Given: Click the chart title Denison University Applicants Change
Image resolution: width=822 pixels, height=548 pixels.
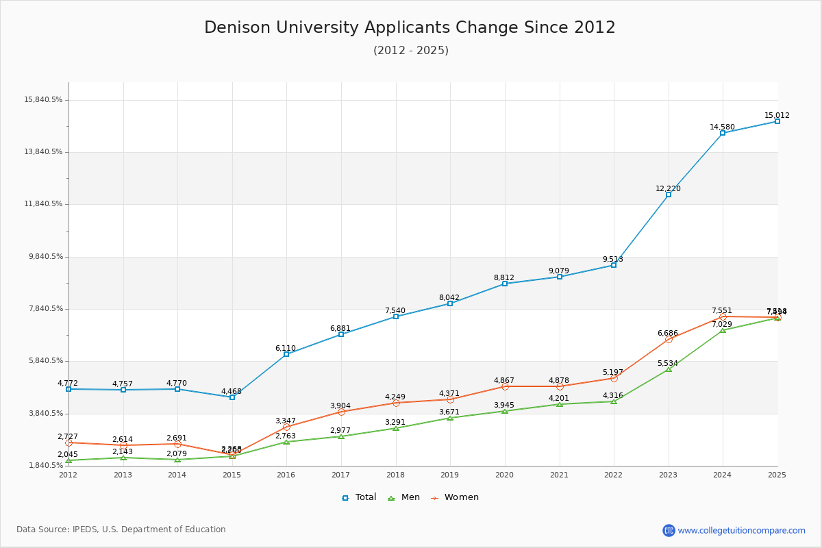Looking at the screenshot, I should (410, 27).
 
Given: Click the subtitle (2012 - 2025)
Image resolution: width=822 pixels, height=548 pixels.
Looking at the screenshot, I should (410, 51).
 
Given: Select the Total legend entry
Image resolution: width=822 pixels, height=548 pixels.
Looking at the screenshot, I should (359, 497).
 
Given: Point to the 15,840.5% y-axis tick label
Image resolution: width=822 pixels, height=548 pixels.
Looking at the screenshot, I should (43, 100).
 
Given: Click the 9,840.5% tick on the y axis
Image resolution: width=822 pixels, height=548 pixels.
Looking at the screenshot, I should (43, 257).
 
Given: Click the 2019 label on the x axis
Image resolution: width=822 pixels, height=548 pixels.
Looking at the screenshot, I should (449, 475).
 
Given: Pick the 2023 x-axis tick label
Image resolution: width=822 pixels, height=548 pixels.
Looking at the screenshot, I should (668, 475).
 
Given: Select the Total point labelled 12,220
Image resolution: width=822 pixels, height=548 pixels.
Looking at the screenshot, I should (669, 195).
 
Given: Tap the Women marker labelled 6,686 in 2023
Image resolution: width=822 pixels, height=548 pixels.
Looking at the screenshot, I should (669, 339).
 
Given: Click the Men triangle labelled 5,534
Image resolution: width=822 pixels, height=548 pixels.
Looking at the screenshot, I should (669, 369).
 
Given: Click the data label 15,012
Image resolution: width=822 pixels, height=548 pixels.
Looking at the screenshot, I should (777, 116).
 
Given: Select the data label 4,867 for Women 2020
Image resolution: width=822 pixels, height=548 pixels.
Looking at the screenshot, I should (503, 381).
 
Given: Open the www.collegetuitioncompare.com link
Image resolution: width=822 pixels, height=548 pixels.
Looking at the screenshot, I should (741, 530).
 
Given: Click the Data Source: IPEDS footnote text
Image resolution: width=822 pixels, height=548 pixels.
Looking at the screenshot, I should (121, 530).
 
